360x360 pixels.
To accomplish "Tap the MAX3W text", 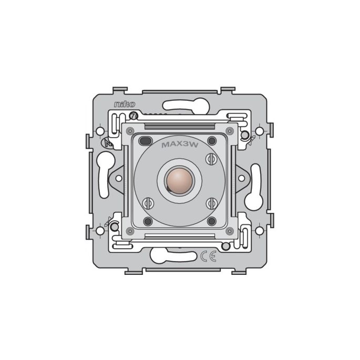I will point(180,143).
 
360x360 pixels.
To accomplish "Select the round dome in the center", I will point(180,180).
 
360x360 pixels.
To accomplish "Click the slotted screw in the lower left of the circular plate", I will point(148,202).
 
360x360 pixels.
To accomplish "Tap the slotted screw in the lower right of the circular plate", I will point(212,202).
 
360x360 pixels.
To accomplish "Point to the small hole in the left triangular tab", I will point(118,178).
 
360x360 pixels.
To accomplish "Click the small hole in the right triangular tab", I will point(242,178).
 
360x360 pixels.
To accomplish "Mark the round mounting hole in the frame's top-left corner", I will point(100,129).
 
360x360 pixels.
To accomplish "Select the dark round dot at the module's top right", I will point(212,140).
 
